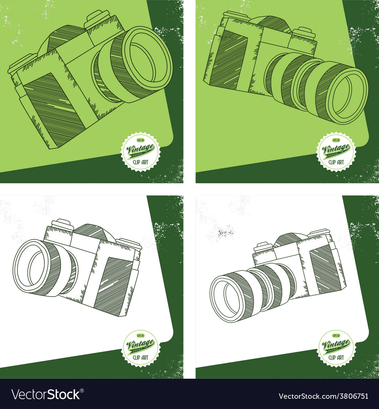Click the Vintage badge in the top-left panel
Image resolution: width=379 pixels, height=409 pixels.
[141, 151]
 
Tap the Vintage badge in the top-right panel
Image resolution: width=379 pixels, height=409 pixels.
[336, 151]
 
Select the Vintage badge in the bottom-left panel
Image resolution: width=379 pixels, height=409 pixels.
[141, 348]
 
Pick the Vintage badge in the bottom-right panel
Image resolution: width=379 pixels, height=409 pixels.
[336, 348]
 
